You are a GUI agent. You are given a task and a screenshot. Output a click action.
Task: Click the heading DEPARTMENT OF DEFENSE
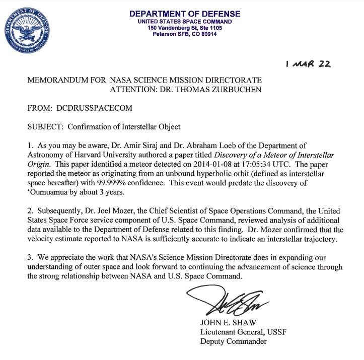click(185, 14)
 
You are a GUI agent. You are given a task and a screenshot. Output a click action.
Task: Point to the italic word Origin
click(39, 163)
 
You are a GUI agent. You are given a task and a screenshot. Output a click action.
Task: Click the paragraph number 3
click(30, 258)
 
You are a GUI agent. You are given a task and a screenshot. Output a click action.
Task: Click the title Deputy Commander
click(233, 341)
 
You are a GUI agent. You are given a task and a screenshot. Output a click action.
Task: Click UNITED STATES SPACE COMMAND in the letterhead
click(185, 22)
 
